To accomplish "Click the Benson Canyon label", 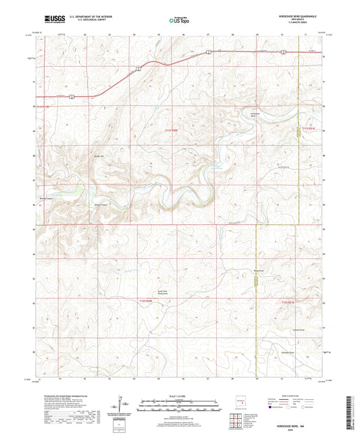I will [101, 203].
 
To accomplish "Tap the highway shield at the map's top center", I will [209, 51].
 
